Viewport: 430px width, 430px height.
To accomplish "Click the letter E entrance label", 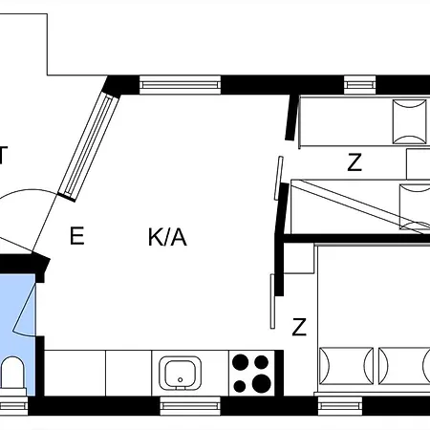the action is pyautogui.click(x=77, y=235).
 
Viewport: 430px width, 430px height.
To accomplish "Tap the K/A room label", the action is pyautogui.click(x=167, y=237).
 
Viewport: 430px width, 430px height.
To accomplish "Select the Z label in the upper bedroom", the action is pyautogui.click(x=355, y=161).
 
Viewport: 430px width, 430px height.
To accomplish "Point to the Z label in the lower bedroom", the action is pyautogui.click(x=299, y=327).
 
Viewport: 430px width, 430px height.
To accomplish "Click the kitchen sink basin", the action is pyautogui.click(x=181, y=374).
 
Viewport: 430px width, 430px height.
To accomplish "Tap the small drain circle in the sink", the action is pyautogui.click(x=181, y=379).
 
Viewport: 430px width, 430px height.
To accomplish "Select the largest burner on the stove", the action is pyautogui.click(x=262, y=383).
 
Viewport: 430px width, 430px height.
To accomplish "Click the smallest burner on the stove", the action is pyautogui.click(x=240, y=386).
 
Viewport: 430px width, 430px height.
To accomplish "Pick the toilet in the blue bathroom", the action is pyautogui.click(x=12, y=376).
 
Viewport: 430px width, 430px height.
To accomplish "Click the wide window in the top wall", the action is pyautogui.click(x=180, y=85).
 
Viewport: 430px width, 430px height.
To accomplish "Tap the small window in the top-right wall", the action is pyautogui.click(x=360, y=85).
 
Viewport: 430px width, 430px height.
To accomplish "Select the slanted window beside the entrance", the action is pyautogui.click(x=88, y=146).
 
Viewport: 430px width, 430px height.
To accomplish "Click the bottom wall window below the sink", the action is pyautogui.click(x=190, y=406).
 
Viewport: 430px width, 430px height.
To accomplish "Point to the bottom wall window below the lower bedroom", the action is pyautogui.click(x=340, y=406).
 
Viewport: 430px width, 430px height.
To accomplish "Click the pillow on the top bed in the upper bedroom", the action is pyautogui.click(x=410, y=121).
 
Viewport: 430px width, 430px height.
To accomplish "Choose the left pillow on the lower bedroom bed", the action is pyautogui.click(x=346, y=366).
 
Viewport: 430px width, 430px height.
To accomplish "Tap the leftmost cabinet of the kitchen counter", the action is pyautogui.click(x=75, y=373).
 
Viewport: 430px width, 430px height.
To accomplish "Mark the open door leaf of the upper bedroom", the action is pyautogui.click(x=279, y=178).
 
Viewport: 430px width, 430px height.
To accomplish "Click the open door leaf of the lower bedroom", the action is pyautogui.click(x=272, y=301).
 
